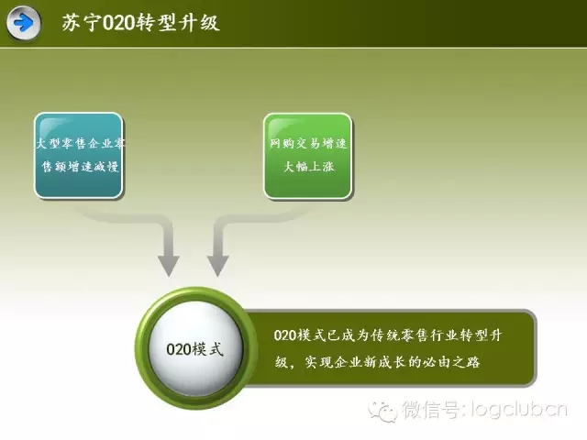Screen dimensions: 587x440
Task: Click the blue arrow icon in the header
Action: point(24,23)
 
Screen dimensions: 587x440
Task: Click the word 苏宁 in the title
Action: point(82,22)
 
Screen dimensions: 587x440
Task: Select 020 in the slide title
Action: point(118,23)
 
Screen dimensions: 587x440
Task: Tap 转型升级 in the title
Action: point(177,22)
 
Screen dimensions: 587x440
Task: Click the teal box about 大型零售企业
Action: point(79,155)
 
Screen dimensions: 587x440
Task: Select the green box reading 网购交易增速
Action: point(308,156)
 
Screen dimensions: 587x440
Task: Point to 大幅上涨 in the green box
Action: point(308,166)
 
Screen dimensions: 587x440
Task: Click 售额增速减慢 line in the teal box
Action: point(80,166)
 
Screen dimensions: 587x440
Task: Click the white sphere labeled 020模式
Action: point(195,348)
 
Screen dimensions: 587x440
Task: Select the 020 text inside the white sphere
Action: point(179,349)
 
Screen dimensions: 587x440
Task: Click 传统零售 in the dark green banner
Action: point(400,335)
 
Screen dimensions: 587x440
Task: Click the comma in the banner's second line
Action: point(293,365)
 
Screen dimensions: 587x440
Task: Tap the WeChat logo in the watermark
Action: point(382,411)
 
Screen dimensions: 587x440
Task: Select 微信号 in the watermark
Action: point(430,409)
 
